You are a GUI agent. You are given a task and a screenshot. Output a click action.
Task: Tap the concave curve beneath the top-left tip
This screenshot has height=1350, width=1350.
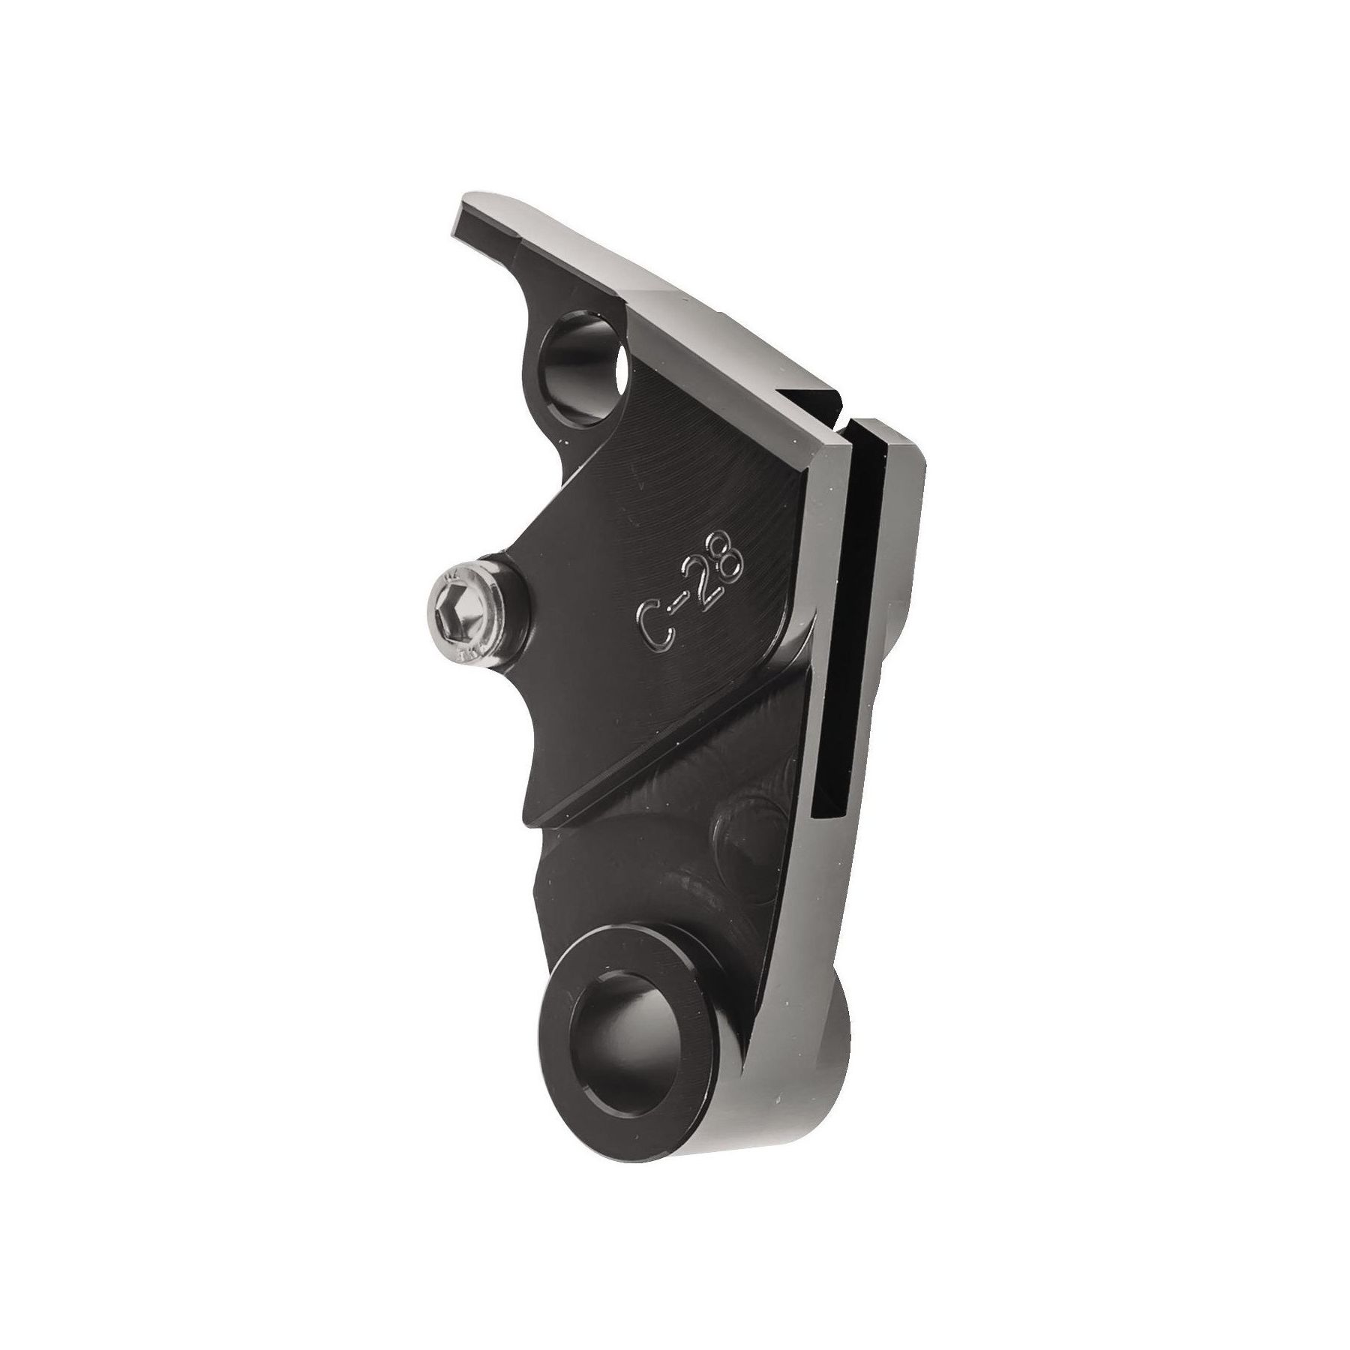(525, 300)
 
